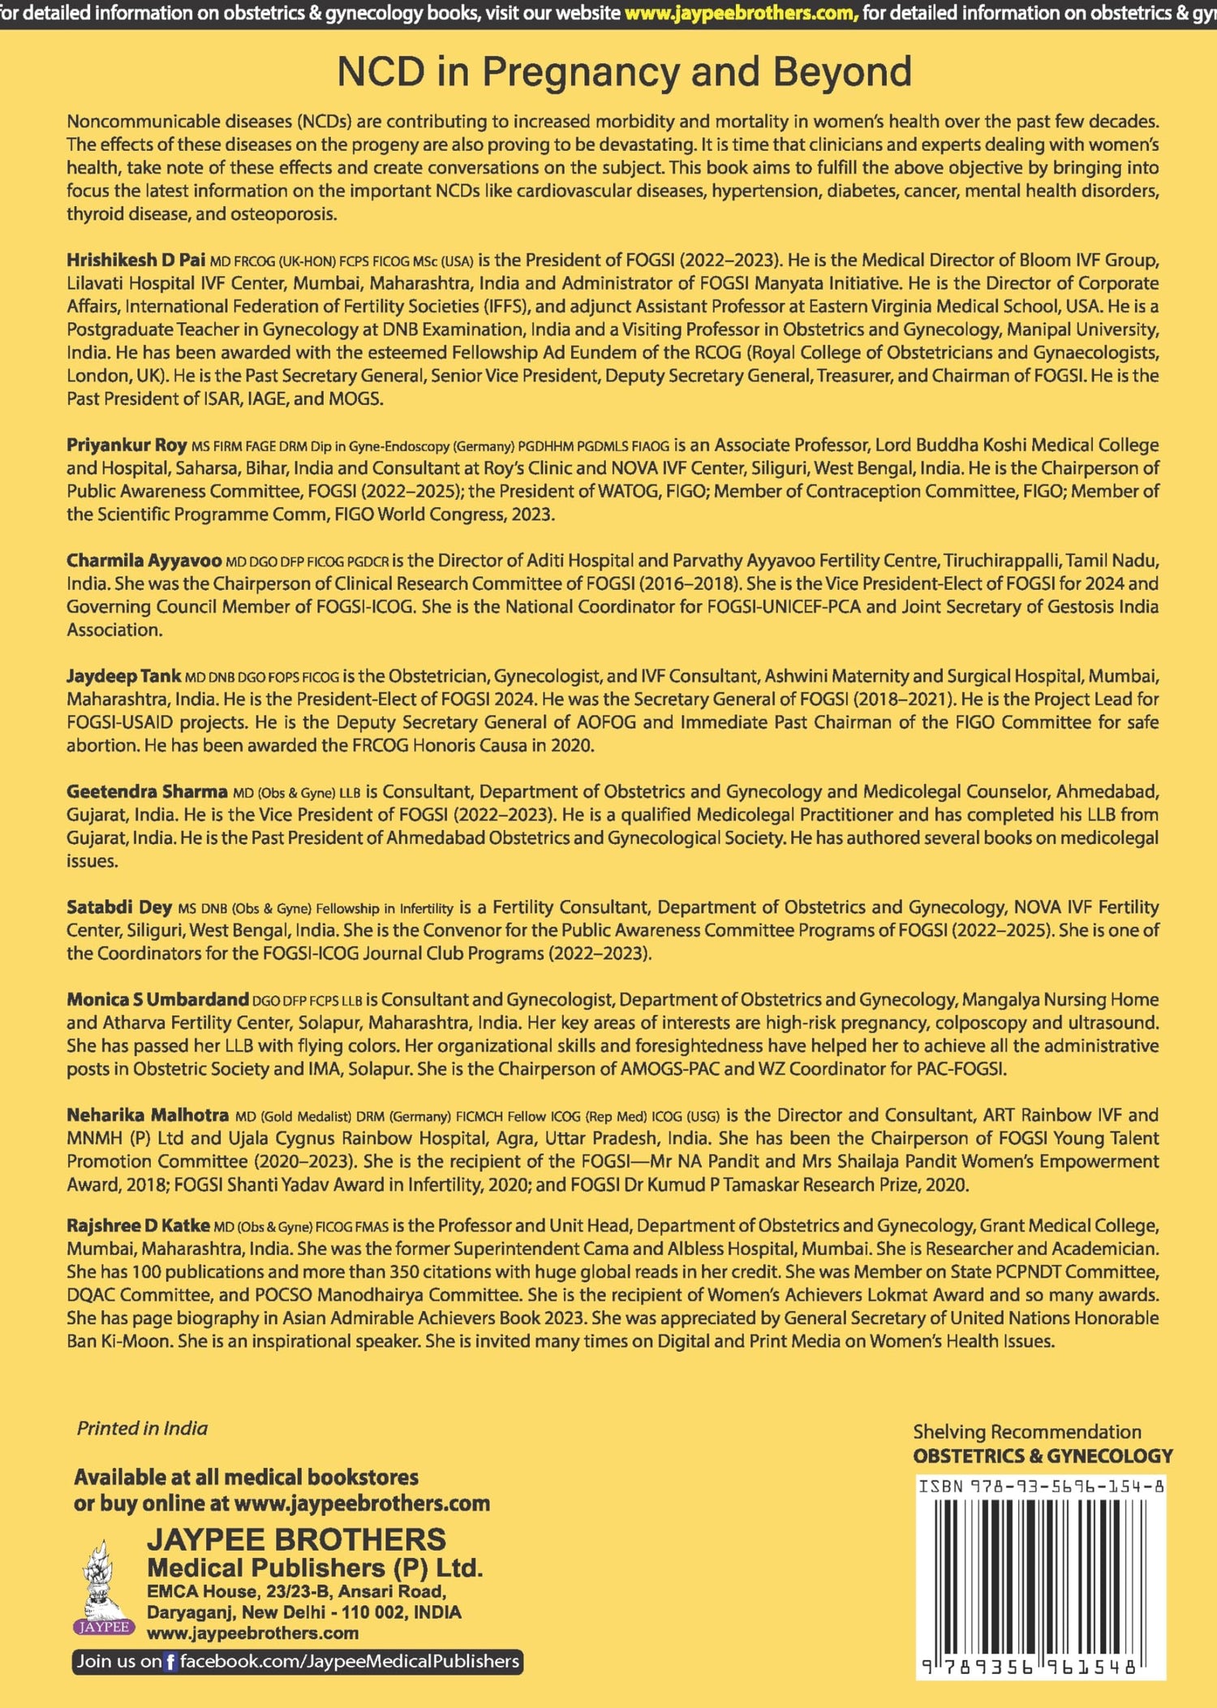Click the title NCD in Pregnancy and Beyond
(x=624, y=72)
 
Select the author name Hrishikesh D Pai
(x=135, y=260)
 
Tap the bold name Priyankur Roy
(x=127, y=445)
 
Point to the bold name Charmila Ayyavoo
(x=144, y=561)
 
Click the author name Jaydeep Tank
(x=123, y=676)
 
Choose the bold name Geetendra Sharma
(x=147, y=791)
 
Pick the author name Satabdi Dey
(x=119, y=907)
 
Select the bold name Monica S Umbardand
(x=157, y=1000)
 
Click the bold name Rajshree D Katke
(x=138, y=1225)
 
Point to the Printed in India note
(x=142, y=1428)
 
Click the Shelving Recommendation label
(x=1027, y=1431)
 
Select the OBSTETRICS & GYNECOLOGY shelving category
(x=1043, y=1456)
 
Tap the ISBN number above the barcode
(x=1042, y=1486)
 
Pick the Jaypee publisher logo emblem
(x=102, y=1587)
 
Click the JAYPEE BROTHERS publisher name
(x=296, y=1538)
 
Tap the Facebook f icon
(x=170, y=1662)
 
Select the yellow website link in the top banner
(x=741, y=14)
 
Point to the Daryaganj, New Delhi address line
(x=304, y=1612)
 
